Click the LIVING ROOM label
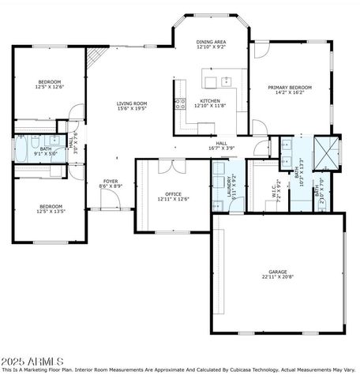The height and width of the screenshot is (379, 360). pos(133,103)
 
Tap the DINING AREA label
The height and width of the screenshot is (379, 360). pos(211,43)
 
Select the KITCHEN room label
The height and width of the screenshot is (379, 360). pos(210,100)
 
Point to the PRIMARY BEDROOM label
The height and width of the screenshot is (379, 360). pos(289,88)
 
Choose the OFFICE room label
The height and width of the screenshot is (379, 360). pos(173,193)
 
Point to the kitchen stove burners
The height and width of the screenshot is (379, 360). pos(180,103)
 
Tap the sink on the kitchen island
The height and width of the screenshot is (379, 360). pos(225,80)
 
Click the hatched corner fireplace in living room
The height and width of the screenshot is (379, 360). pos(95,57)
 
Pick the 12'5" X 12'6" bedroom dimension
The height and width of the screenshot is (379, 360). pos(50,88)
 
